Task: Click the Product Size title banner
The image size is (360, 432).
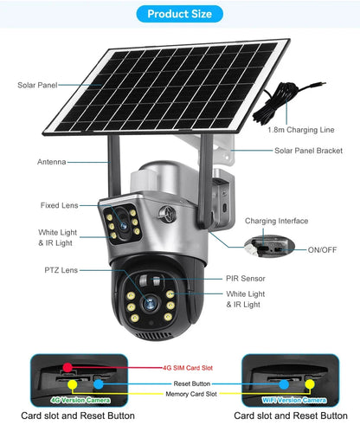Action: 179,14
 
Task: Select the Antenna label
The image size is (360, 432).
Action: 51,162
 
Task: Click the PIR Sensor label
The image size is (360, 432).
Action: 247,279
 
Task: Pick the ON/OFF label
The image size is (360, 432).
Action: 324,249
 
